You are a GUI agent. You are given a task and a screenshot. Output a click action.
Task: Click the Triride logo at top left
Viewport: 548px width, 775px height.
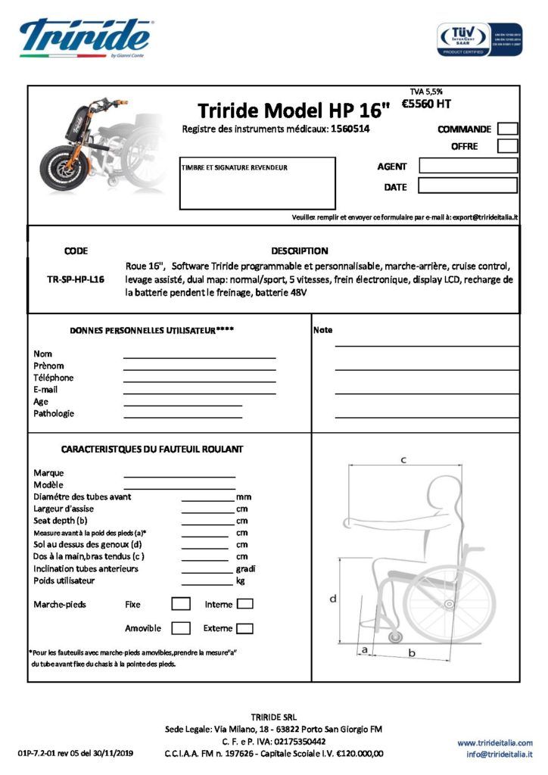(x=85, y=37)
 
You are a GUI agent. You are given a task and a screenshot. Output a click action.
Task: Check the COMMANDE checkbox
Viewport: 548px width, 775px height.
(x=508, y=129)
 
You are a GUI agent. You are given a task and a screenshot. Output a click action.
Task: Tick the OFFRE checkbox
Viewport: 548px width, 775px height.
(x=508, y=146)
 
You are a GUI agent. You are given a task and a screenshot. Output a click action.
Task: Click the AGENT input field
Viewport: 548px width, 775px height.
(x=468, y=166)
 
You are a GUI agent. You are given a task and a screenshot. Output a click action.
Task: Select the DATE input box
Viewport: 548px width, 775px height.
(x=468, y=185)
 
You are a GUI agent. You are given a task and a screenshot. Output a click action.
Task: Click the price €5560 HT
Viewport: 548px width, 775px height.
(x=425, y=104)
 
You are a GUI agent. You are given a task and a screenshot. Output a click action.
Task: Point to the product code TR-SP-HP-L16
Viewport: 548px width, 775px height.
(x=75, y=279)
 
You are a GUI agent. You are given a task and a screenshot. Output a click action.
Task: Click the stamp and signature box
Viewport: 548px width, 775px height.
(x=257, y=182)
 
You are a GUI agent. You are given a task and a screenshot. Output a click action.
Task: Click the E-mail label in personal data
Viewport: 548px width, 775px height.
(x=45, y=390)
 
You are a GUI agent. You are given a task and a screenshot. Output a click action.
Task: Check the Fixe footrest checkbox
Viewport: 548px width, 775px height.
(x=180, y=604)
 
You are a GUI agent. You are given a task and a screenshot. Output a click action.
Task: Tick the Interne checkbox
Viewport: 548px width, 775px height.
(x=244, y=604)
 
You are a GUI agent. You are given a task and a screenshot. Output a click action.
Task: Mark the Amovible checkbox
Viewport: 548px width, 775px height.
(x=180, y=628)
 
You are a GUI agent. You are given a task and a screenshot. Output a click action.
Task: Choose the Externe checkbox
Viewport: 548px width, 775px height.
(x=244, y=628)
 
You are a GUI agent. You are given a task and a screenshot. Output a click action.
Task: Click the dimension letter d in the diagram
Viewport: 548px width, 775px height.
(x=332, y=599)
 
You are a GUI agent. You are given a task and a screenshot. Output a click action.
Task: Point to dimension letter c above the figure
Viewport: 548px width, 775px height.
(x=403, y=459)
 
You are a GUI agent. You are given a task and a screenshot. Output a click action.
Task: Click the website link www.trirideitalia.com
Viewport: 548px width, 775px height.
(x=494, y=742)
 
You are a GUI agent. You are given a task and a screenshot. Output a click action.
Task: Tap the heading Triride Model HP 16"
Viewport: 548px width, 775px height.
(x=293, y=110)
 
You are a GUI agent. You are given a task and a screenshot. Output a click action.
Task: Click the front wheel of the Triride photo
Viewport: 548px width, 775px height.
(x=63, y=167)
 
